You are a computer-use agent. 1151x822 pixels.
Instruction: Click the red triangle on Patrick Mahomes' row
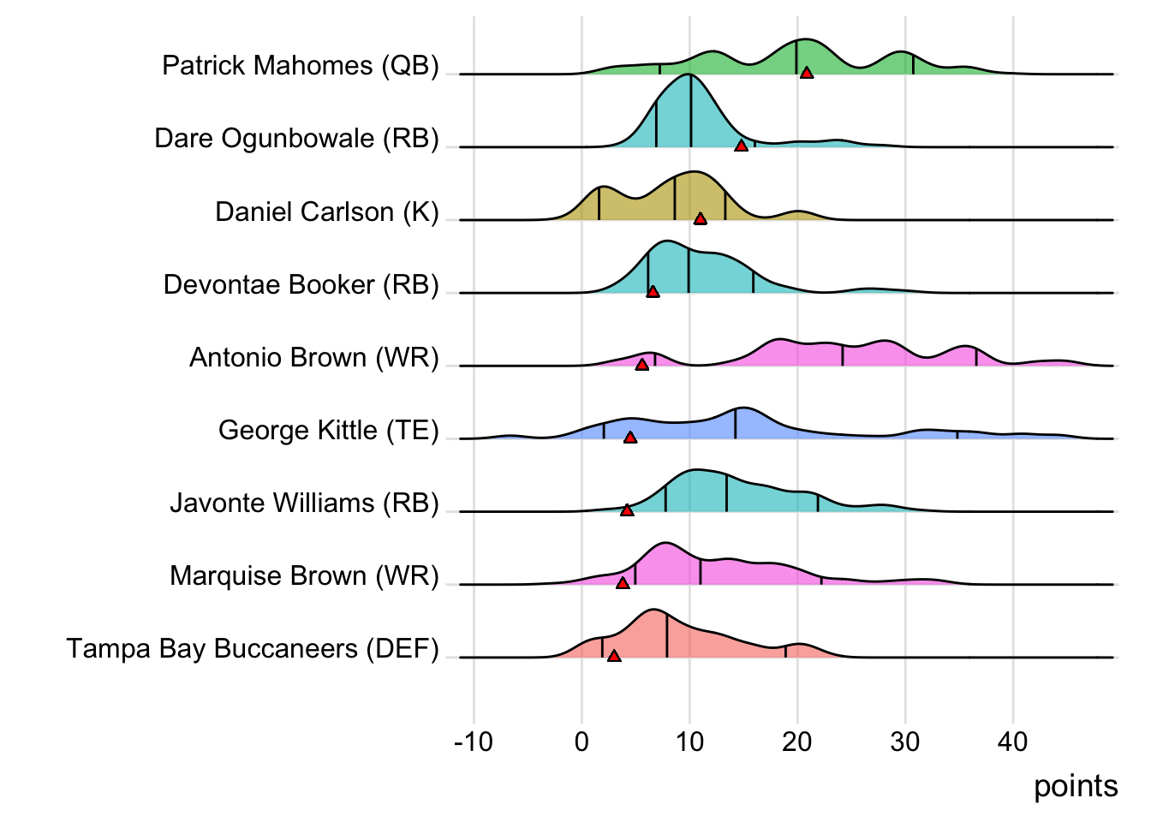(x=806, y=74)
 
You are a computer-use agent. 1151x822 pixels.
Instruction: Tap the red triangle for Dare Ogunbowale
(x=742, y=146)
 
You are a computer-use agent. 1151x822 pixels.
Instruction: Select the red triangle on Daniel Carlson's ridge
(x=701, y=219)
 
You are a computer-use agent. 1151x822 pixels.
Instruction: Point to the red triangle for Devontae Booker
(x=653, y=292)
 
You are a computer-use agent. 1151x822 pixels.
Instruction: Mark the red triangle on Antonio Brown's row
(x=642, y=365)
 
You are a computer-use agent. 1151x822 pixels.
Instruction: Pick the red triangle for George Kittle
(x=630, y=438)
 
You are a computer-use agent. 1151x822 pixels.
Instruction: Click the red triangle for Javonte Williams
(x=627, y=510)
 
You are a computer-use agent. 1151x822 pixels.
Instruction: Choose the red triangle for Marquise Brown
(x=623, y=583)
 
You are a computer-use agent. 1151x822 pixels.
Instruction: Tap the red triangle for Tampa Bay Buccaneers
(x=614, y=656)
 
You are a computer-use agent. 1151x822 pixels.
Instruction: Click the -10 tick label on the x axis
(x=474, y=742)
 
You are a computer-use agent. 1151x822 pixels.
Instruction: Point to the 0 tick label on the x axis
(x=581, y=742)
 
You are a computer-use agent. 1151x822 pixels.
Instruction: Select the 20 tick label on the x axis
(x=796, y=742)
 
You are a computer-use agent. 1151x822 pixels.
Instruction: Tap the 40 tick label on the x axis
(x=1012, y=742)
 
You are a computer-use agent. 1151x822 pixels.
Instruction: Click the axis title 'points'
(x=1076, y=786)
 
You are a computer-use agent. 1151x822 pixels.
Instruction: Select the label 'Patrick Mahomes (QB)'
(x=301, y=65)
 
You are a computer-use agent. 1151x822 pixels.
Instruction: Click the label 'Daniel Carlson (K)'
(x=327, y=211)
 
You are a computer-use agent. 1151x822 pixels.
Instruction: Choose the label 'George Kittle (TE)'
(x=329, y=430)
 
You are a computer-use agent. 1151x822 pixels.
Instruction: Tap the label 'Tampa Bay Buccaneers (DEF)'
(x=253, y=649)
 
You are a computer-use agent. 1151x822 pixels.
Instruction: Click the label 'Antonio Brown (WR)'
(x=314, y=357)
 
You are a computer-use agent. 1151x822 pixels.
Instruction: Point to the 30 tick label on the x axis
(x=904, y=742)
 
